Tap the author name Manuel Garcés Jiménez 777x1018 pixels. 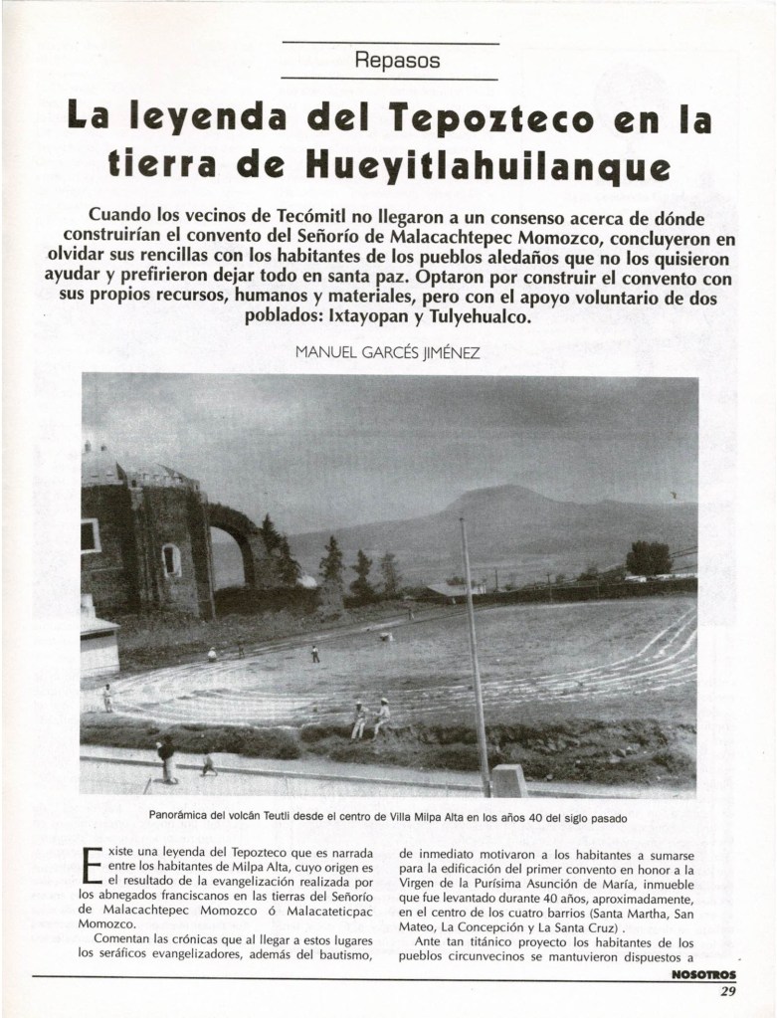pyautogui.click(x=388, y=352)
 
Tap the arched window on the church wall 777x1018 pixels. pyautogui.click(x=172, y=560)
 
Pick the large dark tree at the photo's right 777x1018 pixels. pyautogui.click(x=650, y=557)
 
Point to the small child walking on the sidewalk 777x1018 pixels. pyautogui.click(x=207, y=762)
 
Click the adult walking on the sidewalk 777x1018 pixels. pyautogui.click(x=166, y=758)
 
